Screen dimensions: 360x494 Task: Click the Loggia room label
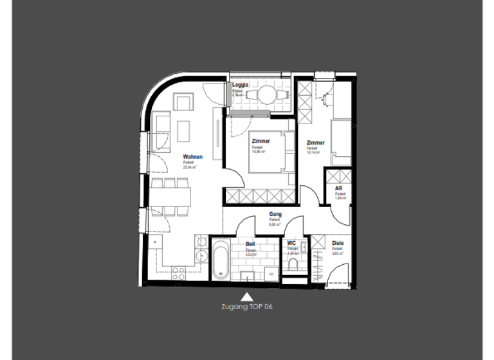[241, 85]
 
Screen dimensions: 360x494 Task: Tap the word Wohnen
[192, 157]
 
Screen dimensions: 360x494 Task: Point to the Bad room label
[251, 244]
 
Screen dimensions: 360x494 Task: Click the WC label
[291, 243]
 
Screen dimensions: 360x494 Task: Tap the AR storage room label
[338, 188]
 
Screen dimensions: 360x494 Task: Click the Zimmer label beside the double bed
[261, 141]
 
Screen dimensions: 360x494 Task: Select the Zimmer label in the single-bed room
[315, 143]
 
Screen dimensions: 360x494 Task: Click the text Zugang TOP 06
[247, 307]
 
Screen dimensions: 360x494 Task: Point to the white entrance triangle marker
[246, 296]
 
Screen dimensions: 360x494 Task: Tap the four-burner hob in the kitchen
[178, 273]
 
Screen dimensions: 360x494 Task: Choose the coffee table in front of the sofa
[184, 130]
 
